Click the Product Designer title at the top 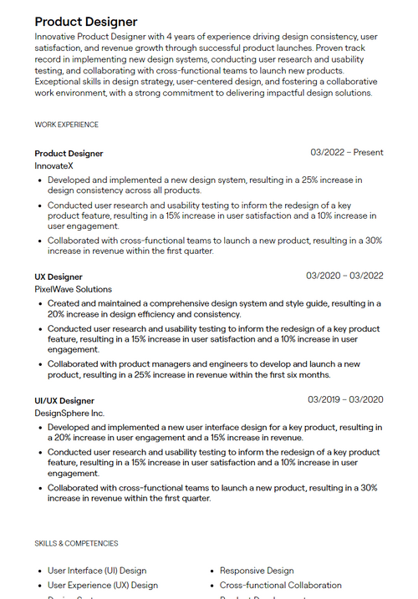coord(86,22)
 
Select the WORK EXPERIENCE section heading coord(66,124)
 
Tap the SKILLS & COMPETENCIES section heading coord(76,543)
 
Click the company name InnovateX coord(54,165)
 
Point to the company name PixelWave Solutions coord(73,289)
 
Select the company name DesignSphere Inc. coord(69,413)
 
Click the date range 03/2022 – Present coord(346,153)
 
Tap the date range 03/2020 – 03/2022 coord(344,277)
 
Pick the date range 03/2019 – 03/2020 coord(344,400)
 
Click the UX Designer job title coord(59,277)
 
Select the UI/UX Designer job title coord(64,400)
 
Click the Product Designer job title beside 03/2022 coord(69,153)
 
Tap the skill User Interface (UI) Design coord(96,571)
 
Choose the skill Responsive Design coord(257,571)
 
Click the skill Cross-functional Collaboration coord(280,585)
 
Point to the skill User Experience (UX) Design coord(102,585)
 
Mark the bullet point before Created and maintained coord(40,303)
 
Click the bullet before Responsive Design coord(212,571)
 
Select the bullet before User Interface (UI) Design coord(40,571)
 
